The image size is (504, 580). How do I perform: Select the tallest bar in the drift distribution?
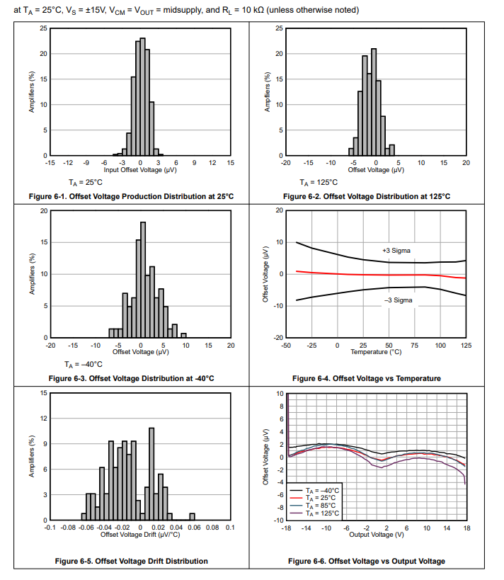(151, 474)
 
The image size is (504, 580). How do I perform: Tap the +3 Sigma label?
(396, 251)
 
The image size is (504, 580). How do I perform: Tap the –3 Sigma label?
(398, 300)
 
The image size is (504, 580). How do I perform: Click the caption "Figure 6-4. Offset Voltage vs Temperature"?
(366, 378)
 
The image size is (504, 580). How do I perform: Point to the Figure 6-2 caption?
(366, 196)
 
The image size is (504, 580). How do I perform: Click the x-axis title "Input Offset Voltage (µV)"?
(140, 170)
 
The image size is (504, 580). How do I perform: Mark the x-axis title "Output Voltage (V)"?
(377, 535)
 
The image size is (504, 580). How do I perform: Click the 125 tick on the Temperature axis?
(466, 345)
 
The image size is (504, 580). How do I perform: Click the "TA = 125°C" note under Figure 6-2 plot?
(319, 182)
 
